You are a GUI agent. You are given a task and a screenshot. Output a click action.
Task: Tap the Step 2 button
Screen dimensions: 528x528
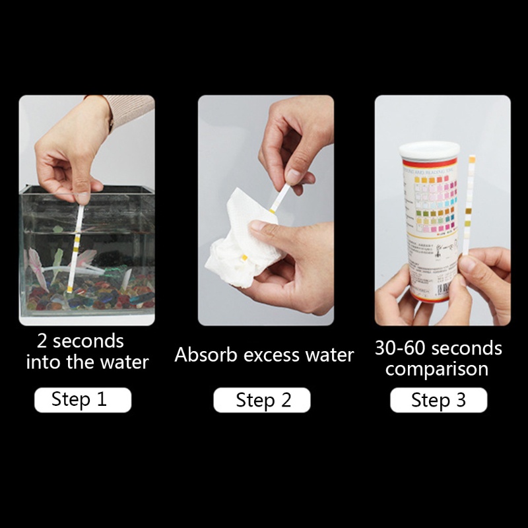(262, 400)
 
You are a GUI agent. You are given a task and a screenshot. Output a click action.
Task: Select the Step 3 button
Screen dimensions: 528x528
(438, 400)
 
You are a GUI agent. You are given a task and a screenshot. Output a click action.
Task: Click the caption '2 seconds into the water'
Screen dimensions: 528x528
(86, 352)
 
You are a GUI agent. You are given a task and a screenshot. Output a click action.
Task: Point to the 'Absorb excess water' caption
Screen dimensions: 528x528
(264, 355)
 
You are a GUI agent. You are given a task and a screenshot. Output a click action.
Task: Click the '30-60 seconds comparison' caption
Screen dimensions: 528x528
(438, 358)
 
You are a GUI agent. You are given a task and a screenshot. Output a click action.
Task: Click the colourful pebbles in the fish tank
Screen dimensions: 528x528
(92, 297)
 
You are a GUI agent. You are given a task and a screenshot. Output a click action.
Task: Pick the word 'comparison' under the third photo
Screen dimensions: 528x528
(437, 368)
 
